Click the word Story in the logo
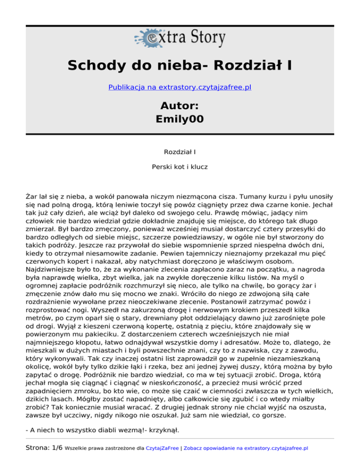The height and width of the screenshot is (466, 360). coord(202,37)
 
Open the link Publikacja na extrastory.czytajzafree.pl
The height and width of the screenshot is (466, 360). coord(180,87)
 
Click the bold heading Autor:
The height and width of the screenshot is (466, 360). coord(180,105)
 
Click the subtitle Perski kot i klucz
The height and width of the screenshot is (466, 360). coord(180,166)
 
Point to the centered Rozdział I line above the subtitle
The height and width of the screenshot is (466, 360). coord(180,152)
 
